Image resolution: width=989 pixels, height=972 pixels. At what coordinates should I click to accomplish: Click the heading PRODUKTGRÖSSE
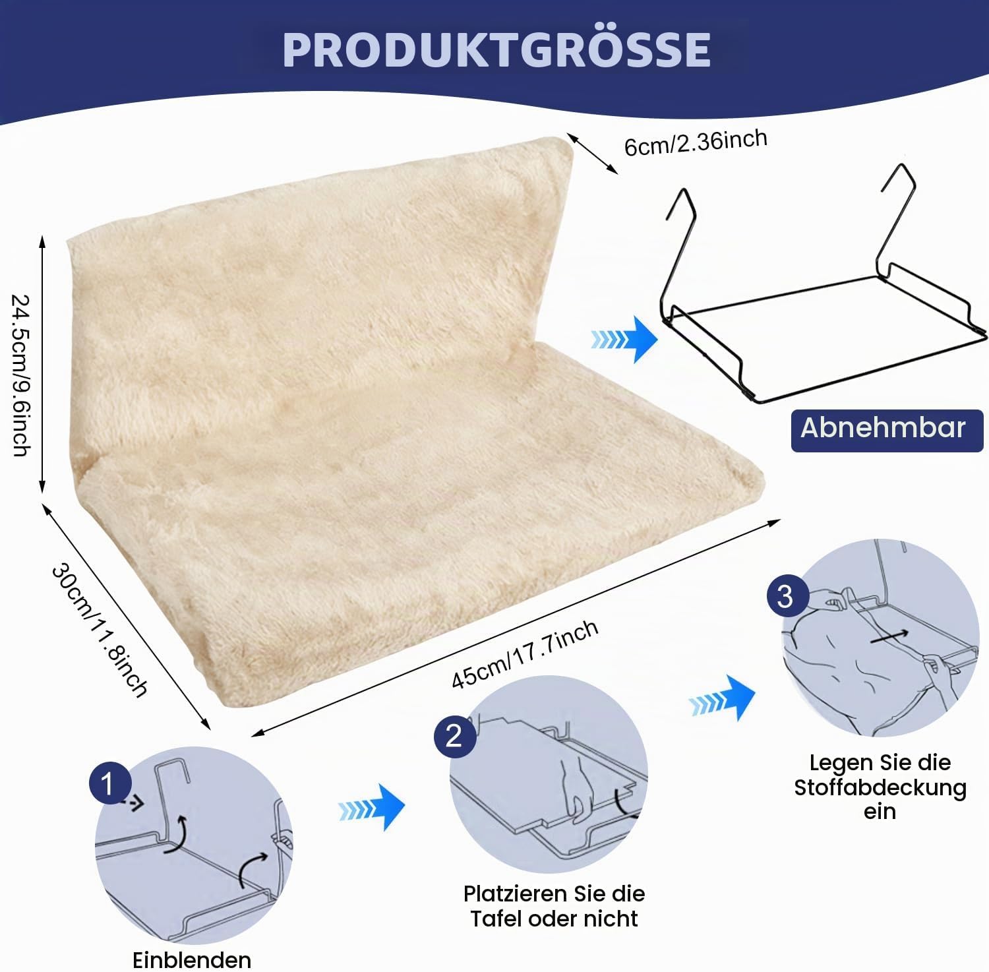tap(496, 49)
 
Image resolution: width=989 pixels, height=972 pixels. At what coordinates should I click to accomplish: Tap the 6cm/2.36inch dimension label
tap(696, 142)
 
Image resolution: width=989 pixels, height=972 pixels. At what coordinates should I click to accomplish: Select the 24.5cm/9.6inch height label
tap(21, 375)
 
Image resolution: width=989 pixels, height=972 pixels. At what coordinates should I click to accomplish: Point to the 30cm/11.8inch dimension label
tap(100, 629)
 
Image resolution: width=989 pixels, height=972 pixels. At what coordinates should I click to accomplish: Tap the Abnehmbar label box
tap(887, 430)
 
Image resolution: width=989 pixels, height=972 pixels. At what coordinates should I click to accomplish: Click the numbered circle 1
tap(107, 785)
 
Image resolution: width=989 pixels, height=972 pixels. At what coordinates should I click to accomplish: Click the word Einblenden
tap(192, 959)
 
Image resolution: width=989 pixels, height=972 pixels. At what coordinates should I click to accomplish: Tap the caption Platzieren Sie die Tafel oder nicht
tap(554, 906)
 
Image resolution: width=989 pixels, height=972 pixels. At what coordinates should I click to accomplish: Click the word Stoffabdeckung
tap(880, 787)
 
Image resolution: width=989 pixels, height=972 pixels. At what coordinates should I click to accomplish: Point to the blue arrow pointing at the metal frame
tap(624, 339)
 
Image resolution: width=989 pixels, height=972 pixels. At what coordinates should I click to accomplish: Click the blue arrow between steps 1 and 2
tap(371, 808)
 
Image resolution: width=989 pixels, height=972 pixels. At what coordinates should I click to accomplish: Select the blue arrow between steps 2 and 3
tap(721, 698)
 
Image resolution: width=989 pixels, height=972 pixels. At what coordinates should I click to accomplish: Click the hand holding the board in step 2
tap(571, 785)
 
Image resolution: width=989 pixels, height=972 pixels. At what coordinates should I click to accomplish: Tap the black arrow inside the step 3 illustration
tap(889, 636)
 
